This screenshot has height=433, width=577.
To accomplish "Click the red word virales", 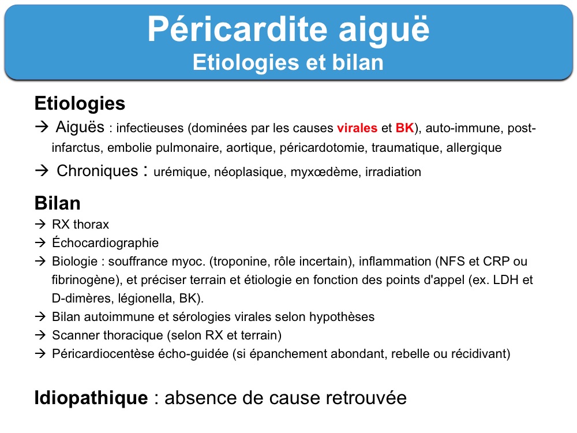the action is click(357, 128).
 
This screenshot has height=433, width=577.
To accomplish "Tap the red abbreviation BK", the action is click(405, 128).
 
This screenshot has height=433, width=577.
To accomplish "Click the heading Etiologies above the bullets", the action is click(80, 103).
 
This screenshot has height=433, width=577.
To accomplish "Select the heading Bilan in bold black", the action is click(57, 203).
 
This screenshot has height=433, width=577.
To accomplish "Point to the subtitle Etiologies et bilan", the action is click(288, 62).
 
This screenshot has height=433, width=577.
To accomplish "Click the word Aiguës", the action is click(80, 128).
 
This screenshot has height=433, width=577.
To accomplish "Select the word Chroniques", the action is click(97, 171).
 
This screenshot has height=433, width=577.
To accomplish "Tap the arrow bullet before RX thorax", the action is click(40, 224).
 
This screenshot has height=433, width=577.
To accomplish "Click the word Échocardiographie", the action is click(105, 242).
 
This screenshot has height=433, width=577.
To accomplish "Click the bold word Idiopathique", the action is click(91, 398).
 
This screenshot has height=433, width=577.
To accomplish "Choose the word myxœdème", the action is click(324, 172).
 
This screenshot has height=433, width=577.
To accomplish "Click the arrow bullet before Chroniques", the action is click(42, 170).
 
